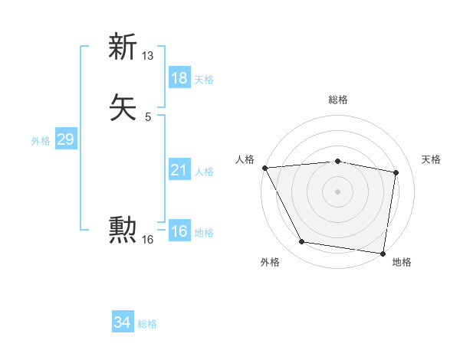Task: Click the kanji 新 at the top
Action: point(123,47)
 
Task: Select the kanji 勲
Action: point(123,229)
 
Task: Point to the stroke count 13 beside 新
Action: point(148,56)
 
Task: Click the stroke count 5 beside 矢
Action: point(148,116)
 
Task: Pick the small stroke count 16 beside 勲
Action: point(148,240)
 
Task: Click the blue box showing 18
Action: point(179,78)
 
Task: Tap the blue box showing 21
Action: point(179,170)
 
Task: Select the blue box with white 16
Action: point(179,231)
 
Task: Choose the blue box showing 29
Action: point(65,139)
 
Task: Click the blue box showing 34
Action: point(123,323)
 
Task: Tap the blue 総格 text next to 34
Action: point(147,324)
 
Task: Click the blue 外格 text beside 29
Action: point(41,140)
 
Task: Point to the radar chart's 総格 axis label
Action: point(337,100)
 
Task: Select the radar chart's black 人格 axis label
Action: point(245,159)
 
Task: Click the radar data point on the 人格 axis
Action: point(264,167)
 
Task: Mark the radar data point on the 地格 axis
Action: point(383,253)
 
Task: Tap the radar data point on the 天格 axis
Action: point(396,172)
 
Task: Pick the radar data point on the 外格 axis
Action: point(302,242)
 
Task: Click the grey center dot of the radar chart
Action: point(337,191)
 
